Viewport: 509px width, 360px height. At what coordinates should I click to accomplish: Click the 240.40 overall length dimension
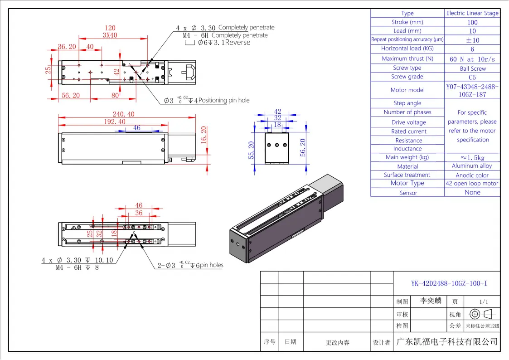(124, 114)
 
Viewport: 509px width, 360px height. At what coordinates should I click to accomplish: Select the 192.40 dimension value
(115, 122)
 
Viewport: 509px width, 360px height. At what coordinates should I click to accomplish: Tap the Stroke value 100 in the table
(472, 22)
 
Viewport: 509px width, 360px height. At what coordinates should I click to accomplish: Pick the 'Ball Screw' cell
(472, 68)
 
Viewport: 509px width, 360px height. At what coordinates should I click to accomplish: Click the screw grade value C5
(472, 77)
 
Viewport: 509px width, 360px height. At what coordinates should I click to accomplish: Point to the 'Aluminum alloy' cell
(472, 166)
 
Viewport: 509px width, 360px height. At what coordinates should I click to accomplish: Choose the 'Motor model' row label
(407, 90)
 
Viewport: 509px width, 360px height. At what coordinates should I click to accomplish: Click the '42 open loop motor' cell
(472, 184)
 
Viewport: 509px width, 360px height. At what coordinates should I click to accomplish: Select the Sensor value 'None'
(472, 192)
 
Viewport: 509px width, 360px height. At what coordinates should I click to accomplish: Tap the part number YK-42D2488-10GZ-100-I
(449, 284)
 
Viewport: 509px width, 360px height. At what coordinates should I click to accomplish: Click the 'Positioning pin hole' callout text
(224, 100)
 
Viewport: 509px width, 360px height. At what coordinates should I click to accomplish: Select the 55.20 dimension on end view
(251, 150)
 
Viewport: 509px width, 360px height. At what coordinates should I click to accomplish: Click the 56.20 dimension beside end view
(303, 147)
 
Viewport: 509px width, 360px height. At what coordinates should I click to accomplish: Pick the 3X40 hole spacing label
(110, 35)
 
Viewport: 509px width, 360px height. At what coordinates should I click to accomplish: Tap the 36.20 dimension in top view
(67, 46)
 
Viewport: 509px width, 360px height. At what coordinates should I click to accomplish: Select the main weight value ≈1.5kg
(472, 157)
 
